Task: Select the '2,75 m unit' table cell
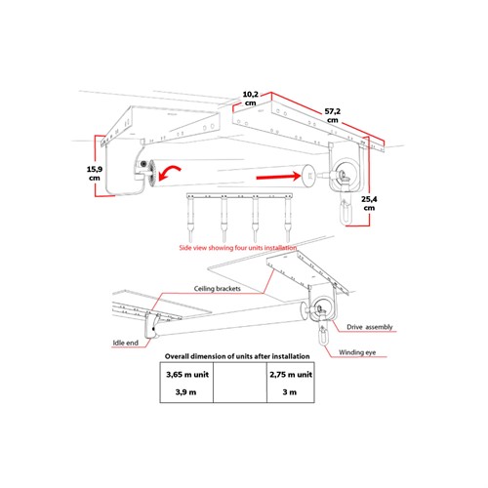click(x=291, y=374)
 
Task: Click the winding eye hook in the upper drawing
click(x=346, y=212)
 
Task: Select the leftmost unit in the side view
click(x=189, y=218)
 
